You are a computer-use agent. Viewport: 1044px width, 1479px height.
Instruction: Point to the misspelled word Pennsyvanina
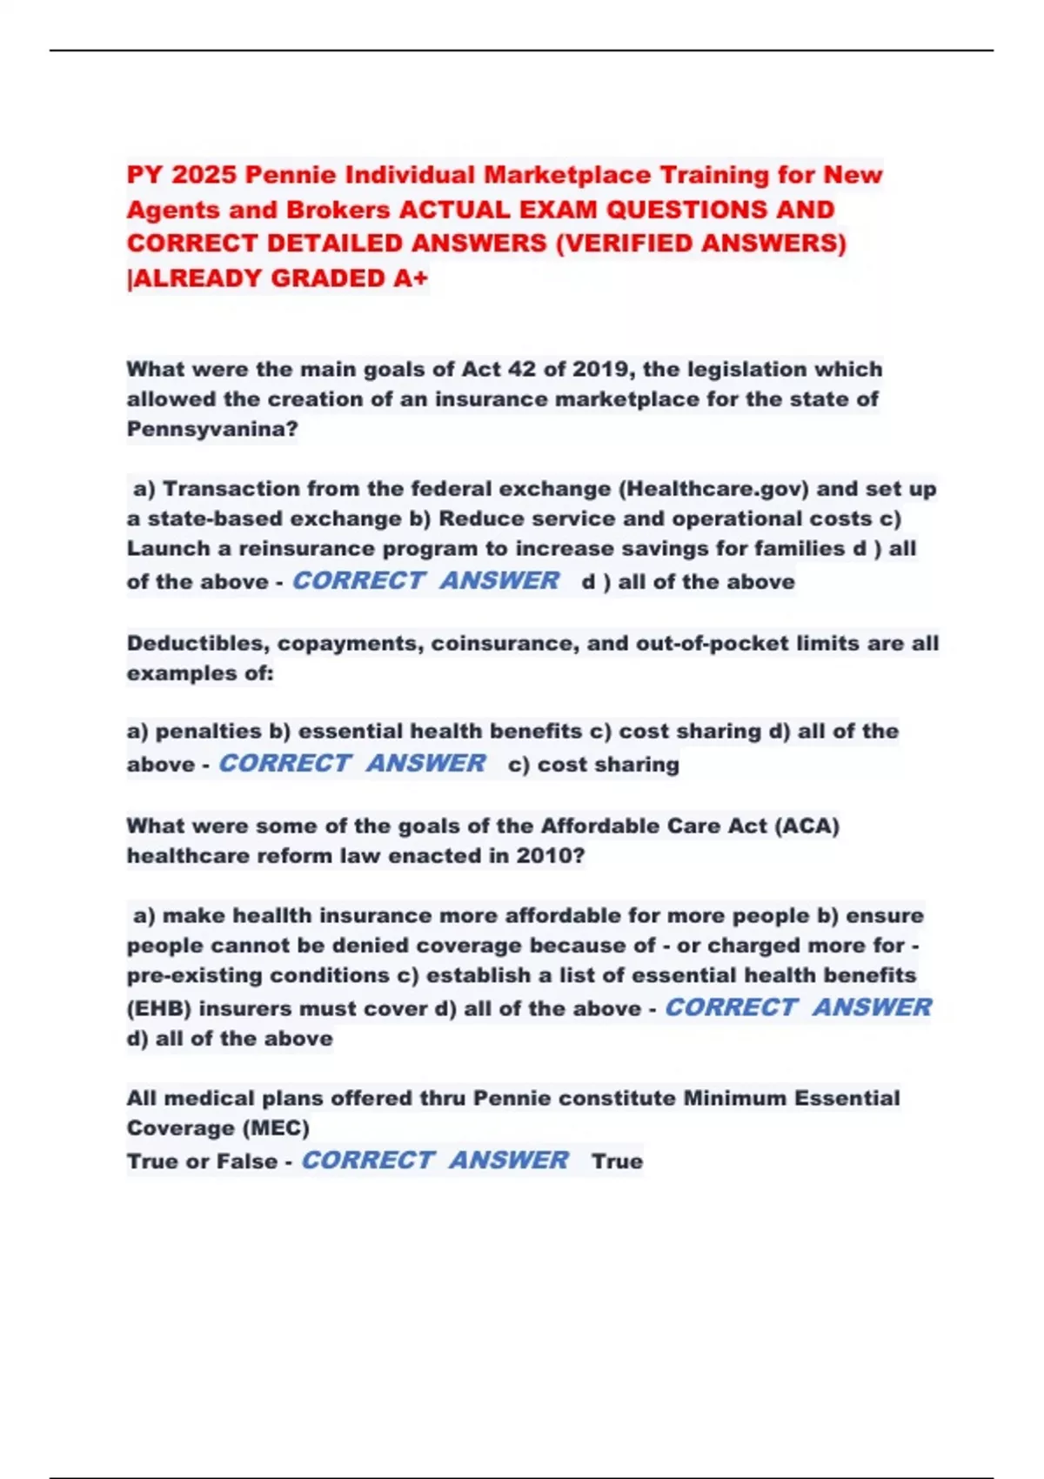(212, 429)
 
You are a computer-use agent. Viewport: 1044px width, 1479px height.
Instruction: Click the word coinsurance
(504, 644)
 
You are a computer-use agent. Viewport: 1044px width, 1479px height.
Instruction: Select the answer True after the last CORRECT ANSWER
(617, 1161)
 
